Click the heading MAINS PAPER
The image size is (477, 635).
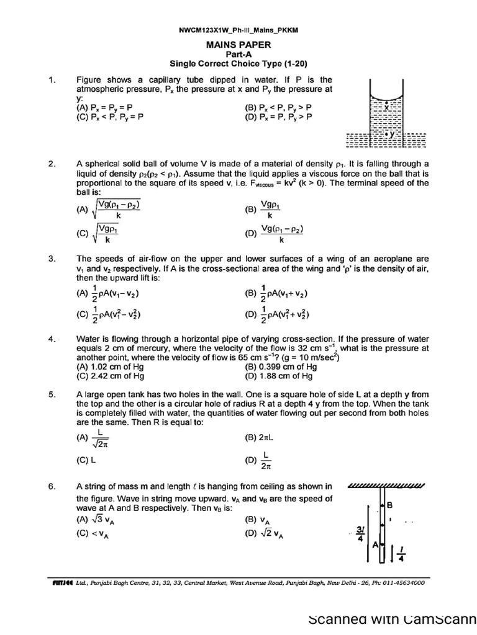(238, 45)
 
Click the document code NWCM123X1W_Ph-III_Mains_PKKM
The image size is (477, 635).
(238, 30)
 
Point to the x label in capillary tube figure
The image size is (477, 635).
(386, 107)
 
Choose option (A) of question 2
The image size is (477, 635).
(109, 210)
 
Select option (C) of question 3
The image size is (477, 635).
(108, 314)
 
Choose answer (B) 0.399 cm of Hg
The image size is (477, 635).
(281, 366)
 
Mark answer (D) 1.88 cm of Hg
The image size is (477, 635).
(279, 375)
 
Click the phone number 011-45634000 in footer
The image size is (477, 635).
(402, 583)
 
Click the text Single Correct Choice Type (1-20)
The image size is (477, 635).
(238, 63)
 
